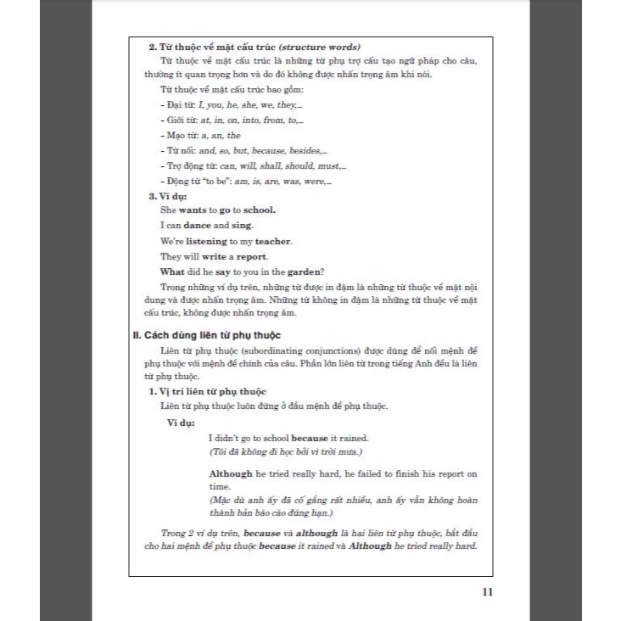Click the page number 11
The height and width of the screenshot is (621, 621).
tap(486, 592)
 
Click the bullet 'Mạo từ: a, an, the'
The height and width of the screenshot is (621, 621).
tap(200, 135)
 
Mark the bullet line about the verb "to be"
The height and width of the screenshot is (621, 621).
tap(245, 181)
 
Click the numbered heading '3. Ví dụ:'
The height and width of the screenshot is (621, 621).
tap(169, 196)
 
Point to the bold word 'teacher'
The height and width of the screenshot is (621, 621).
tap(267, 241)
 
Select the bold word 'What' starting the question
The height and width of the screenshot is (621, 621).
tap(171, 271)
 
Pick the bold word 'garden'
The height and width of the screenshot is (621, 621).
tap(305, 271)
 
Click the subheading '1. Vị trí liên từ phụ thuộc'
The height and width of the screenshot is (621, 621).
tap(207, 391)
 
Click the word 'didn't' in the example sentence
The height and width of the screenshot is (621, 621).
tap(229, 438)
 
